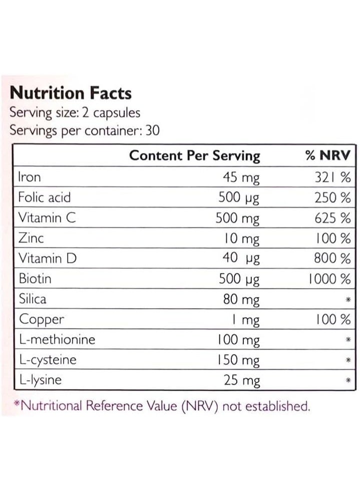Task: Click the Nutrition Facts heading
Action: click(x=71, y=93)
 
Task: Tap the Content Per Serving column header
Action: click(x=194, y=156)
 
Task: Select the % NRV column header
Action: click(x=328, y=155)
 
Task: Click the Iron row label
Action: click(x=30, y=177)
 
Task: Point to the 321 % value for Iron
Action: click(x=332, y=177)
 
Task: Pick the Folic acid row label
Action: click(x=45, y=197)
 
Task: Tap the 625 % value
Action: click(x=332, y=218)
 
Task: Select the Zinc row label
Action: click(x=31, y=238)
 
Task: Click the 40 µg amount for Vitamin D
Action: click(x=241, y=259)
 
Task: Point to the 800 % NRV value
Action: click(x=332, y=259)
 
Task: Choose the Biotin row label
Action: click(x=35, y=279)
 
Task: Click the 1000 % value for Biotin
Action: click(x=329, y=279)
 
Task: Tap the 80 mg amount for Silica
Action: click(x=241, y=300)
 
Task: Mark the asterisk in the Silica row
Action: click(x=348, y=300)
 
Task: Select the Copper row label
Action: click(x=42, y=320)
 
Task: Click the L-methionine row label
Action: click(x=57, y=340)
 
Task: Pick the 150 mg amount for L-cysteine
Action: click(x=238, y=360)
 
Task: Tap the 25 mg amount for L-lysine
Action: click(x=242, y=380)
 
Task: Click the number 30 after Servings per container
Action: click(x=153, y=130)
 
